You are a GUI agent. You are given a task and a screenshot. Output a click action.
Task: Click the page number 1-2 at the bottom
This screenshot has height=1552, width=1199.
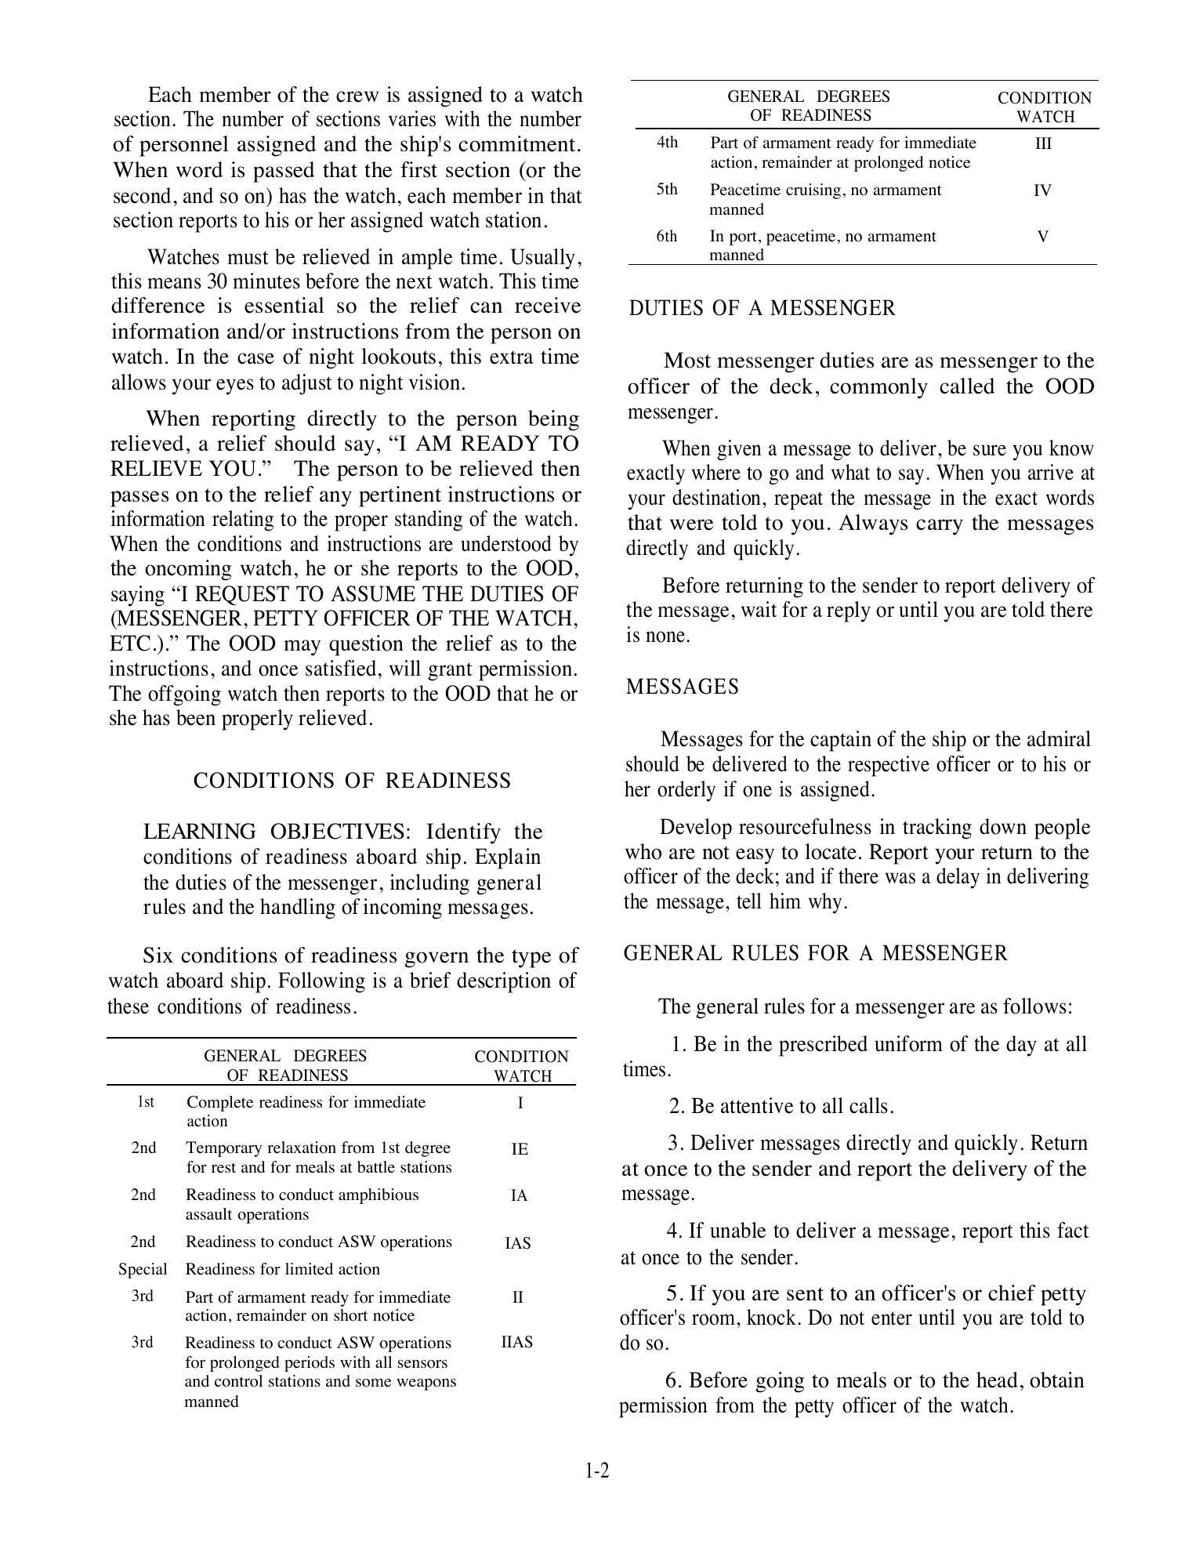(596, 1471)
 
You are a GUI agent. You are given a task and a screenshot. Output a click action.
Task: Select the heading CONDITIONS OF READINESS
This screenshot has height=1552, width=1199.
(352, 781)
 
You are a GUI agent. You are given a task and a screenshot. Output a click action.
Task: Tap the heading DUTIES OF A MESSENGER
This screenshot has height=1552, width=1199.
(762, 308)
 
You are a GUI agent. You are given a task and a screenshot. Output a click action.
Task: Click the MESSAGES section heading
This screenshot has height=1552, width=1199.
(683, 687)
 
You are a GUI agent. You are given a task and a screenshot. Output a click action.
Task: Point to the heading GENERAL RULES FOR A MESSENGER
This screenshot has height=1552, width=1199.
(816, 953)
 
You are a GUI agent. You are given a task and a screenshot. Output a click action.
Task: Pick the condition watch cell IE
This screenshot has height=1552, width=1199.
(520, 1149)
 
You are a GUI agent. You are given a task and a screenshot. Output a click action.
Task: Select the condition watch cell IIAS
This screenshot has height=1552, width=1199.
(517, 1342)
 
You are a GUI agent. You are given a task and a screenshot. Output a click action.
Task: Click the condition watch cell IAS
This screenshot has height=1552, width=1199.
(518, 1243)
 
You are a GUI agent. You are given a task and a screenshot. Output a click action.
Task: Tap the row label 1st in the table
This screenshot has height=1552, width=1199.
(146, 1102)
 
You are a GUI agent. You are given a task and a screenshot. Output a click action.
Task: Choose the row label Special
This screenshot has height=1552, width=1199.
(143, 1269)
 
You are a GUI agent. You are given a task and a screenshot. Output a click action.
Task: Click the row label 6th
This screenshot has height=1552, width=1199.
(667, 237)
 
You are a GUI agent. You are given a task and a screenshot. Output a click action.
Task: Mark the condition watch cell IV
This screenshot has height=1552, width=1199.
(1042, 190)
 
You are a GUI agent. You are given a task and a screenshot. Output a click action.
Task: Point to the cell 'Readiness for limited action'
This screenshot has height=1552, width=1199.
(282, 1269)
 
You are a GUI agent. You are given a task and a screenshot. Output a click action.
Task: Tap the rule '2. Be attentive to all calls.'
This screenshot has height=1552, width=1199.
(781, 1107)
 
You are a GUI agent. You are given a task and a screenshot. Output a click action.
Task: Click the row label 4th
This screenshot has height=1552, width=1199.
(667, 143)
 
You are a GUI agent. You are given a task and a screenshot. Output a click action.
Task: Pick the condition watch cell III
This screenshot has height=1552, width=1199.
(1043, 144)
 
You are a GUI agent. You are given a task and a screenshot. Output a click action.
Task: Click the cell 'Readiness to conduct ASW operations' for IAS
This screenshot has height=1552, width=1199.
(318, 1242)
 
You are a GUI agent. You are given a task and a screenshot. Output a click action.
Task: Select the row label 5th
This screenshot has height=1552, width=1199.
(667, 190)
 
